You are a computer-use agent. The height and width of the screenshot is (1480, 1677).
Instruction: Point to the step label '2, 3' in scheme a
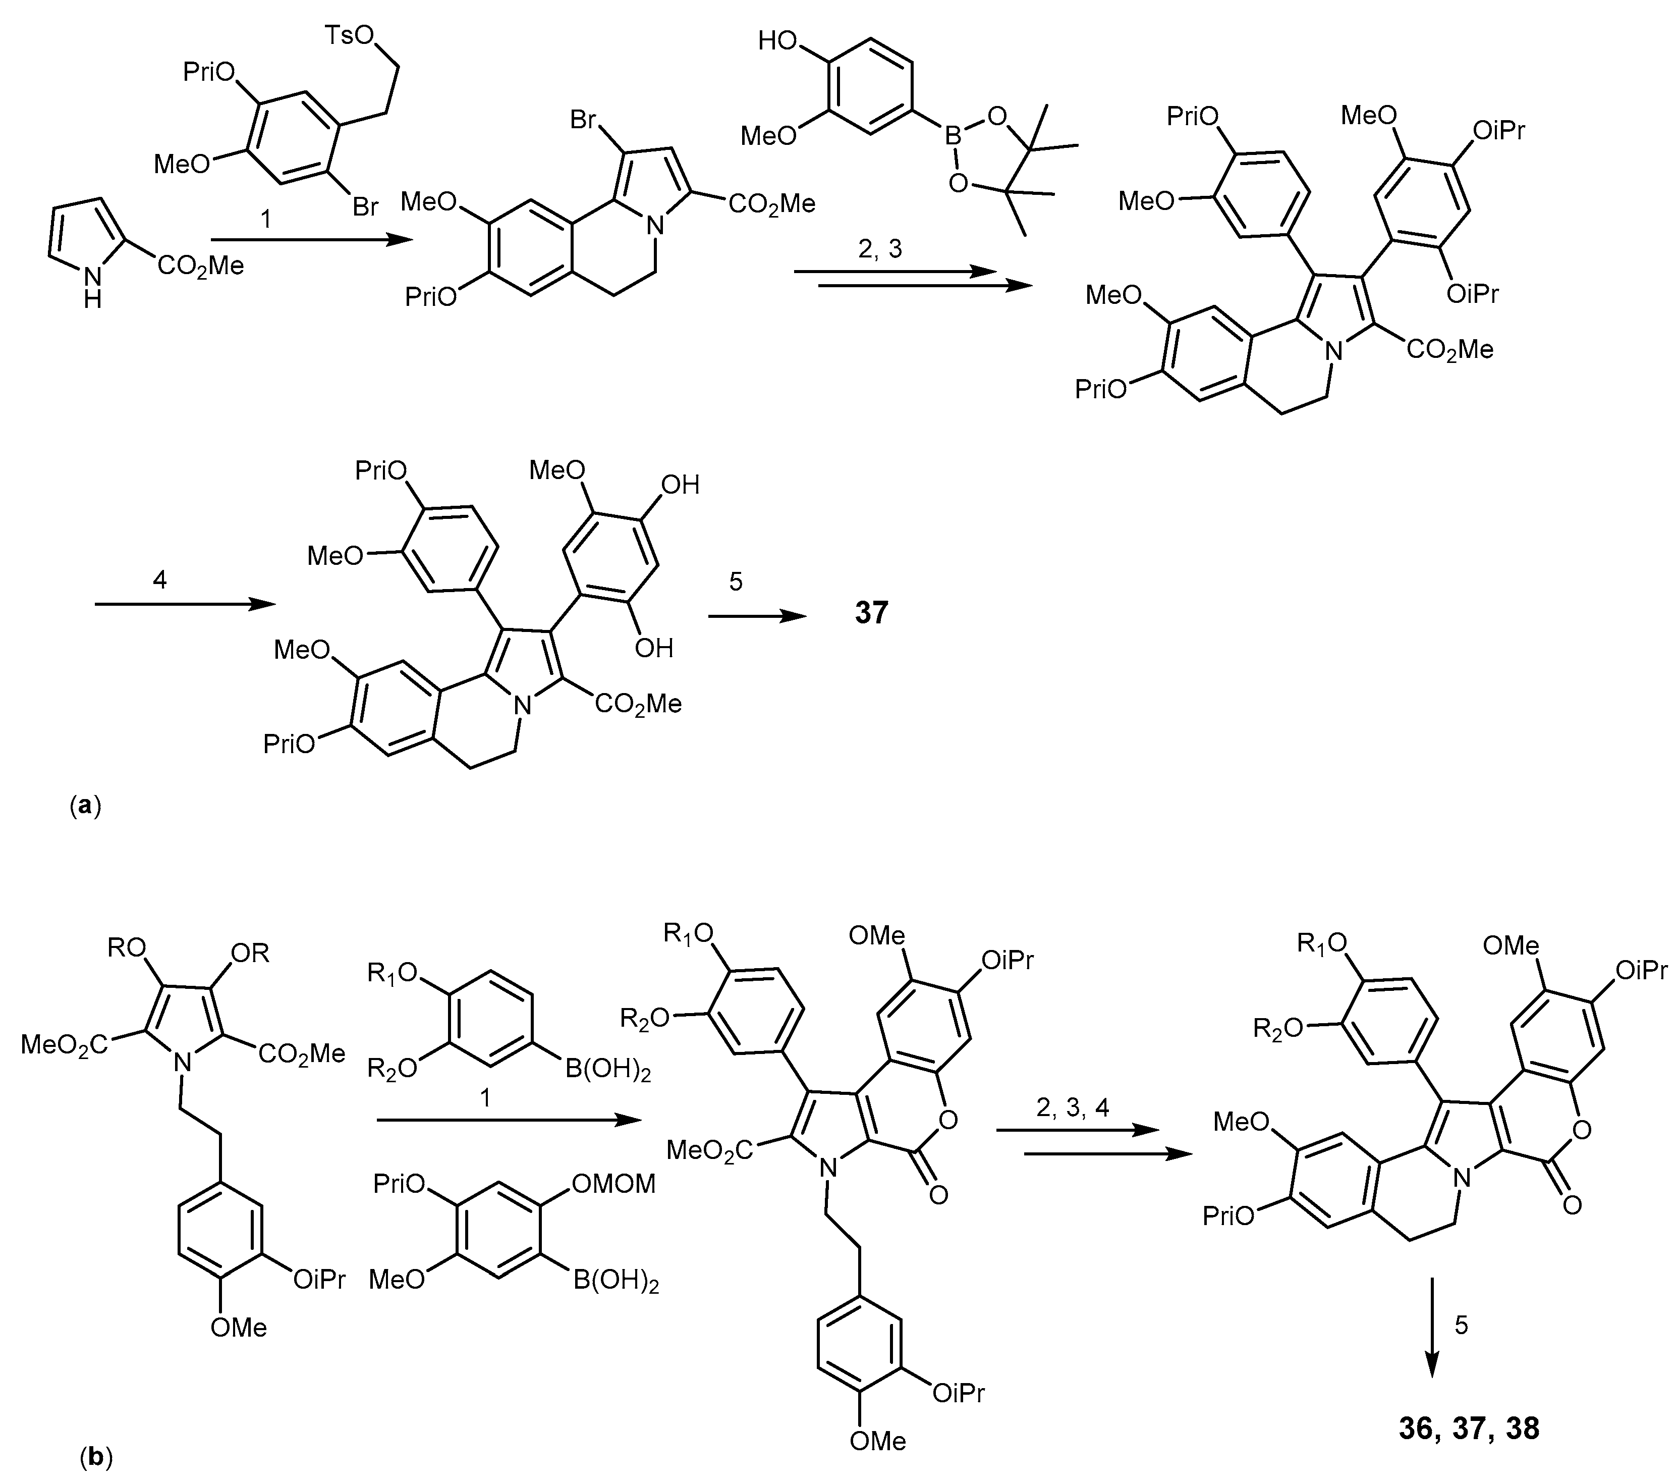point(879,248)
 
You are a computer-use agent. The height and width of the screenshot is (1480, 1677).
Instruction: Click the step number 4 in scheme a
point(160,580)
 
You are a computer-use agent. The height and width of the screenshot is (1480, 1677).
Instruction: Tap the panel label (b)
point(96,1457)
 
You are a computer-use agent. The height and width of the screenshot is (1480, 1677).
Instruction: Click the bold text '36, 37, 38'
point(1469,1429)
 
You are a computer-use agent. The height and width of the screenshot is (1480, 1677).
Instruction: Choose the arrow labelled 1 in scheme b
point(508,1120)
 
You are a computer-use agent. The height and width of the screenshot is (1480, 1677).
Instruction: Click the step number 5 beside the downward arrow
point(1461,1325)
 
